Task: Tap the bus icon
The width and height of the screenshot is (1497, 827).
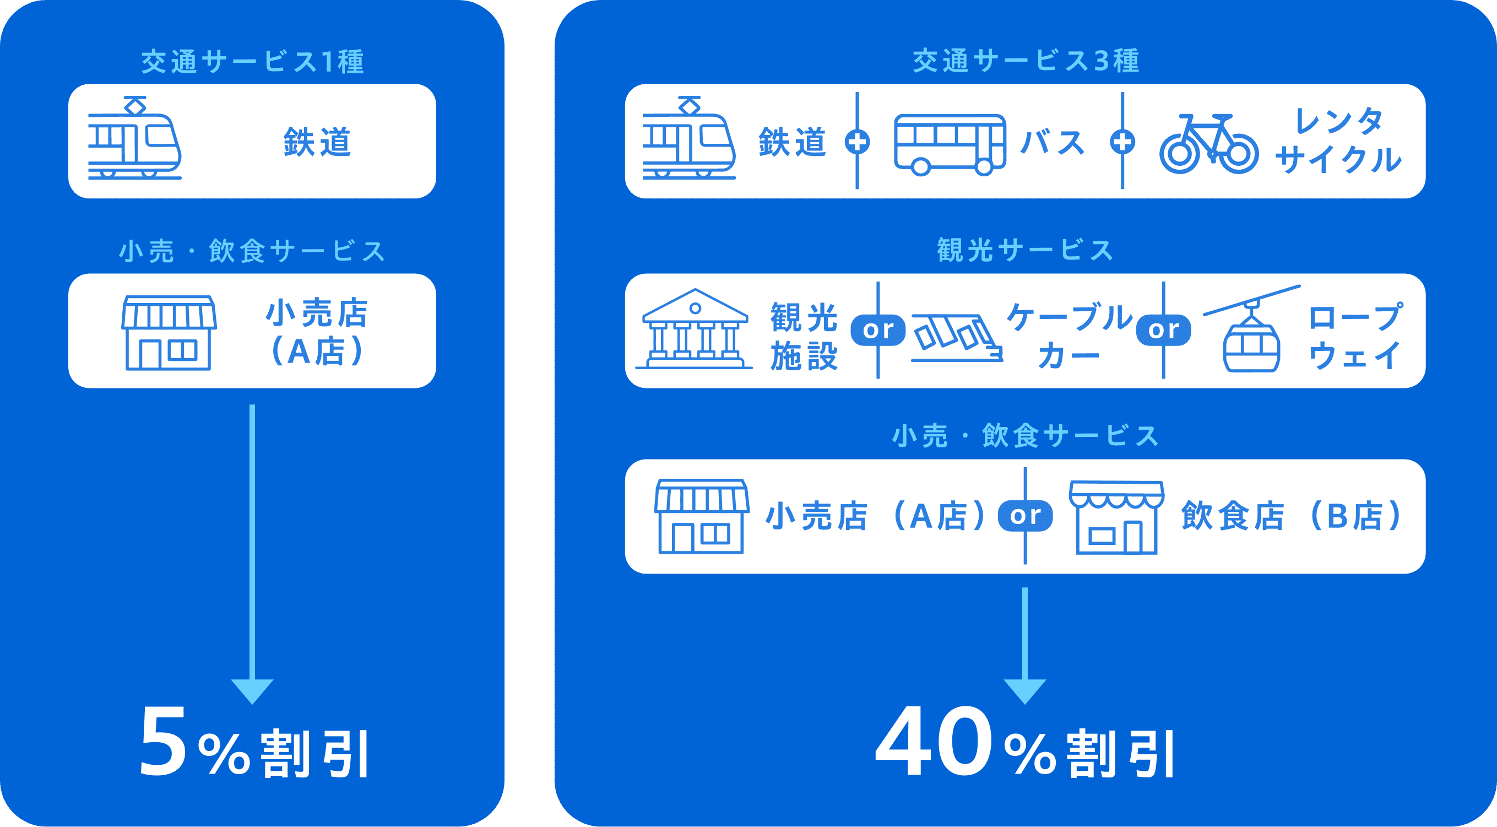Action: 950,145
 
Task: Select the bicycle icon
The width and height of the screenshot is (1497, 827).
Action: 1209,145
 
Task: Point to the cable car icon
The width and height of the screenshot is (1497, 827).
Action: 957,338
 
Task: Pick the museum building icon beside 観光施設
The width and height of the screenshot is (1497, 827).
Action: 694,329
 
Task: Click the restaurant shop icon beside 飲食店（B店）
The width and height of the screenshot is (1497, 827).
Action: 1116,518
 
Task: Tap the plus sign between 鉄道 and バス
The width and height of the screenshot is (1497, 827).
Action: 857,142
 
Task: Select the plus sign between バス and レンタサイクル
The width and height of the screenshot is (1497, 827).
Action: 1122,142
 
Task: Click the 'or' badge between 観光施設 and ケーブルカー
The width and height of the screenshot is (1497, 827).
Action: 877,330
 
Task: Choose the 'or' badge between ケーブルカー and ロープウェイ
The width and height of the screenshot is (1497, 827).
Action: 1163,330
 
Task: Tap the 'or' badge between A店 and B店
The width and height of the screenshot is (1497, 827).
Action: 1025,516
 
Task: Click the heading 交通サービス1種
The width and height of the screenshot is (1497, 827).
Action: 252,62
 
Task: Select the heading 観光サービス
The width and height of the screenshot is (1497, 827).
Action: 1025,251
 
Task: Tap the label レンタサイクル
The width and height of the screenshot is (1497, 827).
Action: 1338,141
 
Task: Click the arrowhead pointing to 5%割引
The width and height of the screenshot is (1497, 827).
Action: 252,691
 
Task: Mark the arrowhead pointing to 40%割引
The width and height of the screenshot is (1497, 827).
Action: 1025,691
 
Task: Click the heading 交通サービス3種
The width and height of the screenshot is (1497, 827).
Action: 1025,62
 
